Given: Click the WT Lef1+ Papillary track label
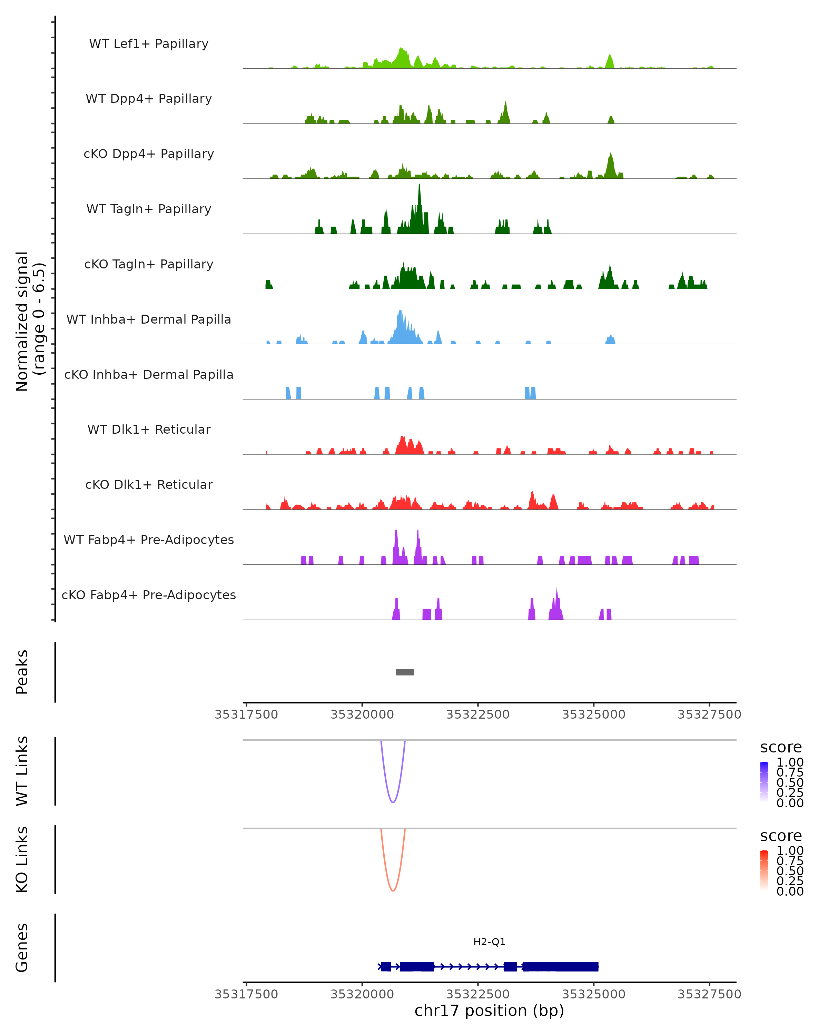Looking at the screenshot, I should point(149,44).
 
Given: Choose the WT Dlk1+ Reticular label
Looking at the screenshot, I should point(149,429).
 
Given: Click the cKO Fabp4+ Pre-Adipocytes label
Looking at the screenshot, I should point(149,595).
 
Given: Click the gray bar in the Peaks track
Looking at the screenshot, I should point(405,672).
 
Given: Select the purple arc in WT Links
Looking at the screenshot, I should point(393,802).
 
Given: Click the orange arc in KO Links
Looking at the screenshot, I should point(393,890).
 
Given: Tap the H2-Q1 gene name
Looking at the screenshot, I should point(489,942).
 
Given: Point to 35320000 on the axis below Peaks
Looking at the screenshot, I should point(362,714).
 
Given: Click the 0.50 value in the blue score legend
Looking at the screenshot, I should point(790,782).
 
